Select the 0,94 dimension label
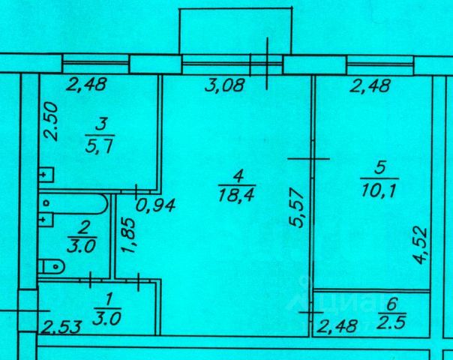point(157,205)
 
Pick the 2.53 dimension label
point(58,326)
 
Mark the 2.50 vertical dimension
point(50,123)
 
